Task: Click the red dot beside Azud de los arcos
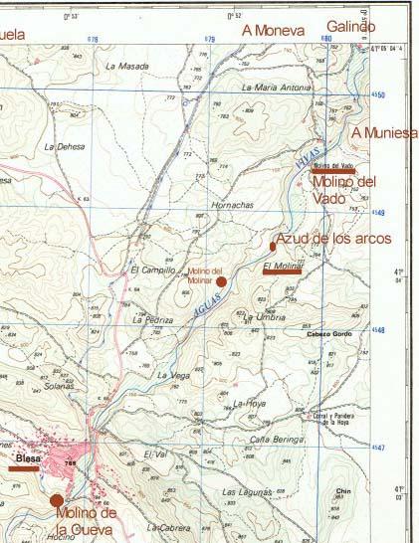[x=273, y=245]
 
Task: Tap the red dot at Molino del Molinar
[x=221, y=281]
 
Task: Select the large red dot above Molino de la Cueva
[x=57, y=499]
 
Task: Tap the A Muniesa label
[x=385, y=132]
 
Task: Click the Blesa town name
[x=27, y=459]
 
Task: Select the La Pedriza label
[x=152, y=321]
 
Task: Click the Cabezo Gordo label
[x=329, y=334]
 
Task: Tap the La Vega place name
[x=173, y=375]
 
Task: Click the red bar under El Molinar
[x=281, y=271]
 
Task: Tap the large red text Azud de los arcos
[x=333, y=239]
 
